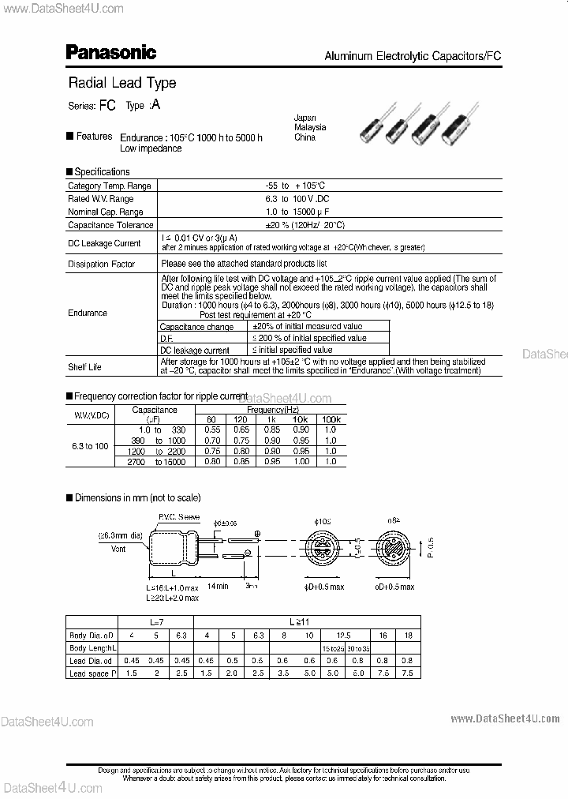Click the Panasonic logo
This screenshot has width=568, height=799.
pyautogui.click(x=110, y=52)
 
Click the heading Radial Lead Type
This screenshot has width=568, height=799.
pyautogui.click(x=121, y=83)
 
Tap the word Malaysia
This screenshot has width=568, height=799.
pyautogui.click(x=309, y=127)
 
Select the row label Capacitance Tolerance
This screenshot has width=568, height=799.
pyautogui.click(x=110, y=225)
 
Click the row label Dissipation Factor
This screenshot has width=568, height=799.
pyautogui.click(x=101, y=264)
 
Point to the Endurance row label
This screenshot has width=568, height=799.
pyautogui.click(x=87, y=313)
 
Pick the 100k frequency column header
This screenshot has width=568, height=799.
pyautogui.click(x=330, y=419)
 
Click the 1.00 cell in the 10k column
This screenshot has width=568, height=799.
pyautogui.click(x=301, y=461)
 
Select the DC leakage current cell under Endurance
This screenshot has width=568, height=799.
pyautogui.click(x=194, y=350)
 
